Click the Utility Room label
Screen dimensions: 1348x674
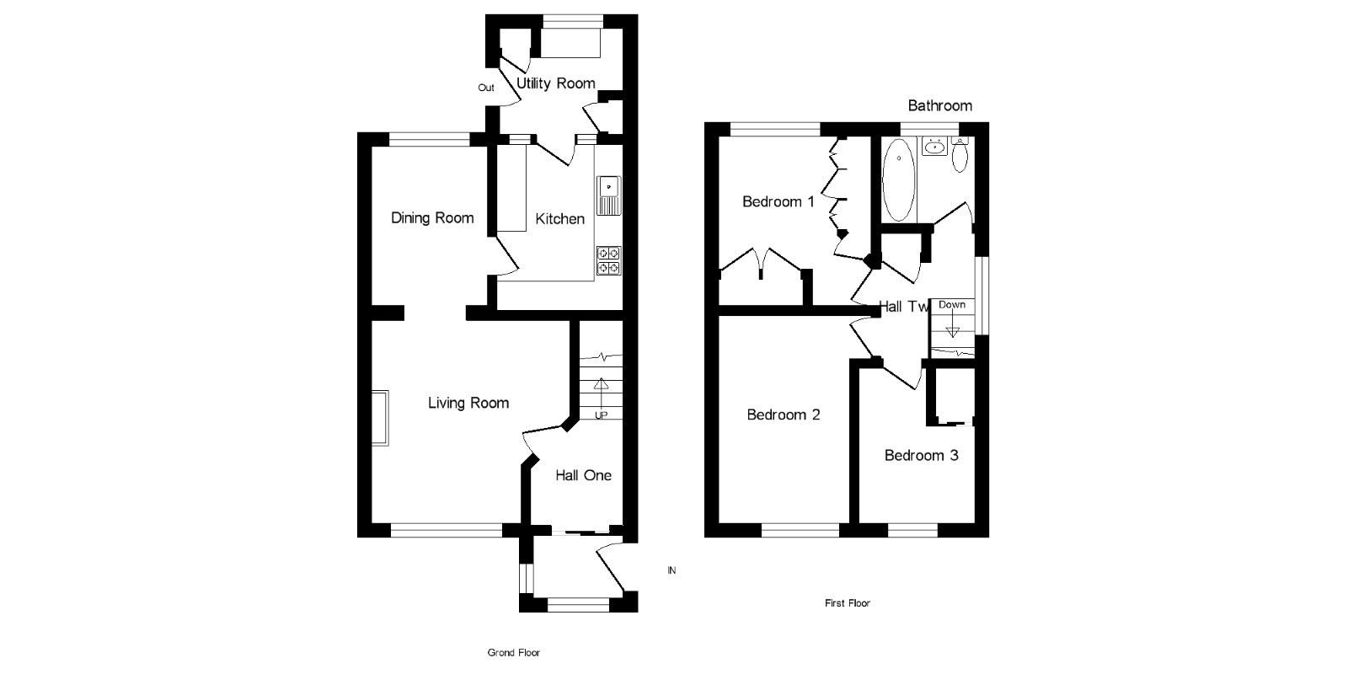(555, 83)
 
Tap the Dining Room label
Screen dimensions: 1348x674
(432, 218)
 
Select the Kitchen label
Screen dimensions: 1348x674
(559, 219)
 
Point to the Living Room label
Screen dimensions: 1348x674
(468, 403)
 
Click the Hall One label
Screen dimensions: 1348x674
(583, 475)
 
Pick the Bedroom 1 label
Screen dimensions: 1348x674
(778, 201)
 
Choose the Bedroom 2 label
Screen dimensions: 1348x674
(784, 415)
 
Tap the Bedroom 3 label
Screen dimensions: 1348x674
(921, 456)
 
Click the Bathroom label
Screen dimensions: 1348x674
(939, 105)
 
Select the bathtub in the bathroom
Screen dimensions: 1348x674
(898, 179)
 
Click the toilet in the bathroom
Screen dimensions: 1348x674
(960, 155)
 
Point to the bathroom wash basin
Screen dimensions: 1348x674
(934, 147)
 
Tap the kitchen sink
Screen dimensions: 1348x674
(608, 195)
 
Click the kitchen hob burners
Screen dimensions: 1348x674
(608, 260)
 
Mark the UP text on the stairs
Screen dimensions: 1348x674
(601, 415)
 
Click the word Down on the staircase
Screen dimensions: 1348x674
(952, 305)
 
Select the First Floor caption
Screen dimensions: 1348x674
(847, 603)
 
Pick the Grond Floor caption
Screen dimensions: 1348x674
(513, 652)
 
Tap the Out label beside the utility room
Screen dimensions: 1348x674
(486, 88)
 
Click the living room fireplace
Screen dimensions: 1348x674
(382, 417)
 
